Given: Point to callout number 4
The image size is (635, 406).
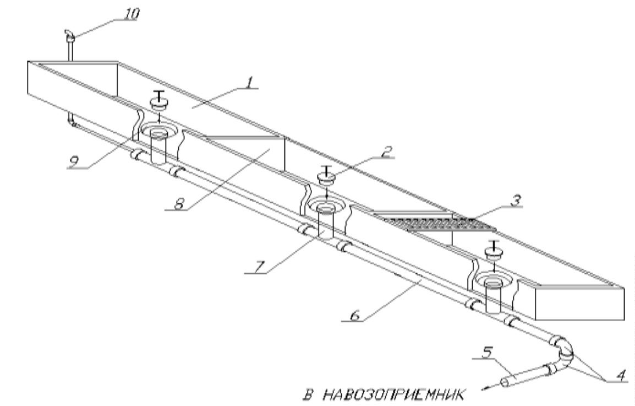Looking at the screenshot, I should pos(619,378).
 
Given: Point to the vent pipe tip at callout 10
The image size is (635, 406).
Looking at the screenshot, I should pos(68,36).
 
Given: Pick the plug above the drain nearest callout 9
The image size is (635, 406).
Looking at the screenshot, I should pos(157,104).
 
